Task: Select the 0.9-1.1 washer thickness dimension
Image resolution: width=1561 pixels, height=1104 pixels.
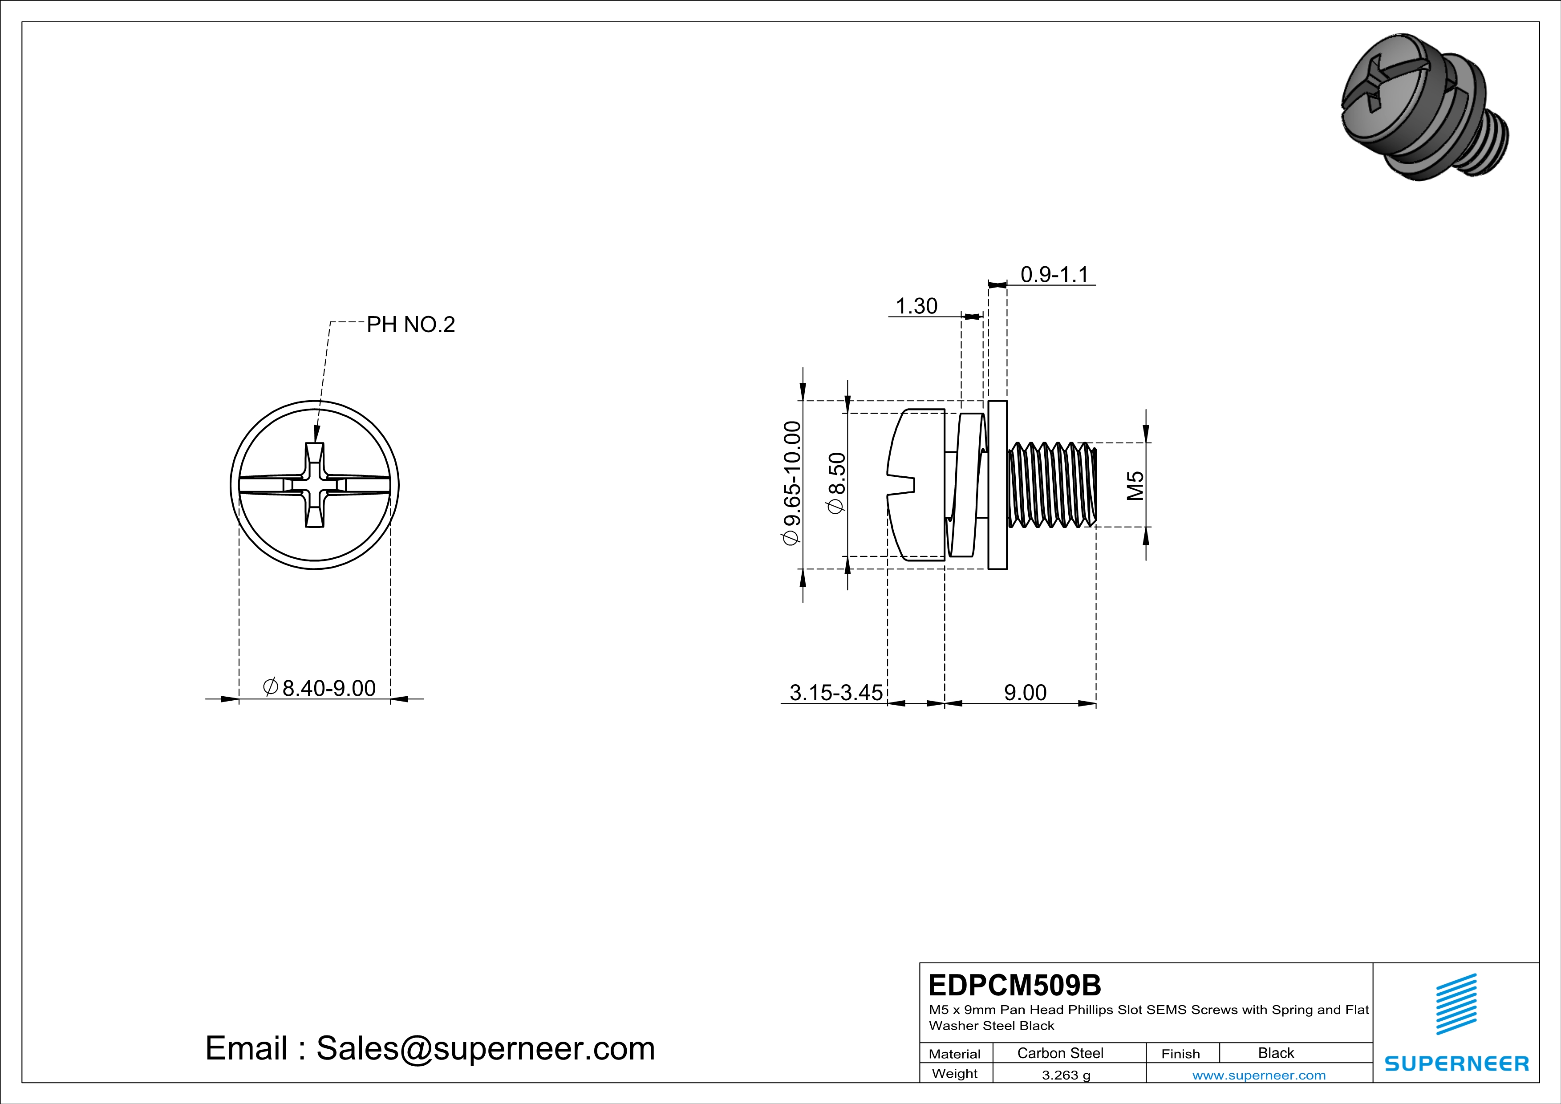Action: point(1054,275)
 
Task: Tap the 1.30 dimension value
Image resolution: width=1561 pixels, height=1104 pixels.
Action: point(916,307)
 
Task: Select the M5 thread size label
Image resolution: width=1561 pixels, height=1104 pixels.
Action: point(1135,485)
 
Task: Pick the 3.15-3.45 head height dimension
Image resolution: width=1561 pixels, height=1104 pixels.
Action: point(835,693)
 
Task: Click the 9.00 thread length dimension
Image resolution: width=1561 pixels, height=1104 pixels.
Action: point(1025,693)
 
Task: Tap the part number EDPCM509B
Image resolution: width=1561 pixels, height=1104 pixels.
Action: point(1014,985)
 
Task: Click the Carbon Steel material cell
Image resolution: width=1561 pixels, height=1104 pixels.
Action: point(1060,1053)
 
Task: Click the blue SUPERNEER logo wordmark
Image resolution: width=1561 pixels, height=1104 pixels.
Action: point(1456,1063)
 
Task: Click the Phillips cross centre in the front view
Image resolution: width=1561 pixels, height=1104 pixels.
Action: point(315,485)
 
